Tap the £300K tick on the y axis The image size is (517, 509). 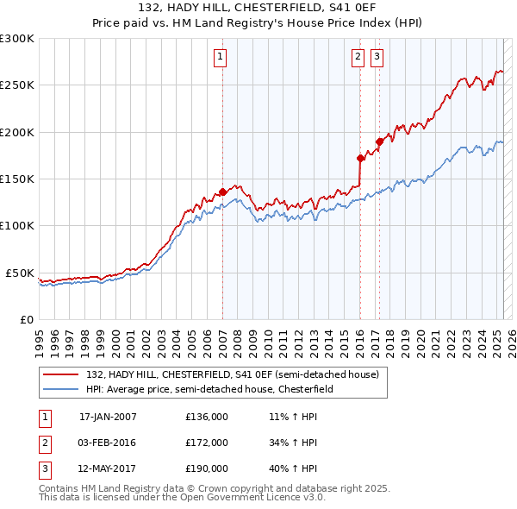click(17, 39)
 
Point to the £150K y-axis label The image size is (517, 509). click(17, 179)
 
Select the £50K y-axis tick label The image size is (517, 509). click(21, 273)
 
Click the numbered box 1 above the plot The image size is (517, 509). click(221, 57)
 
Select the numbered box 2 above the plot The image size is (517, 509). click(358, 57)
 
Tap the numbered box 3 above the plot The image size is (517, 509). click(377, 57)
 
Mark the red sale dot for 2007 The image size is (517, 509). click(222, 192)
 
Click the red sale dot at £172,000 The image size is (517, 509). click(360, 158)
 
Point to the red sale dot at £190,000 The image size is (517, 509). click(379, 141)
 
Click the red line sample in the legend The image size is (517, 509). click(62, 375)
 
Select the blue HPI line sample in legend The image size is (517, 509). click(62, 389)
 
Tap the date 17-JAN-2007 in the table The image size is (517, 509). click(108, 417)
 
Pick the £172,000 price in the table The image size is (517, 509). click(207, 443)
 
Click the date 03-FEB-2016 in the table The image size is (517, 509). click(108, 443)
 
